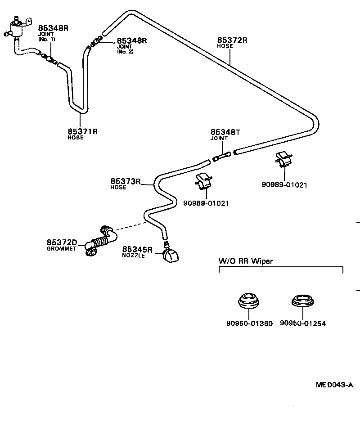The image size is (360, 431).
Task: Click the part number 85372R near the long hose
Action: click(x=232, y=40)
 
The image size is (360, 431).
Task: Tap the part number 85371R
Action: click(x=82, y=131)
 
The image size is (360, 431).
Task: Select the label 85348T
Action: click(x=226, y=132)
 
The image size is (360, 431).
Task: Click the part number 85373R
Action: click(x=126, y=182)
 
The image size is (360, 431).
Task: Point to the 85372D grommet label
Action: click(x=62, y=242)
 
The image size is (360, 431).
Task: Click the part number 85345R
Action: click(x=137, y=249)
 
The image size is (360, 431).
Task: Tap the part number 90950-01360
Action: click(x=249, y=323)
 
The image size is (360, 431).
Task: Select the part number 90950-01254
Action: click(x=302, y=323)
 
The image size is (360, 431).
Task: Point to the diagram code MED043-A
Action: click(x=334, y=385)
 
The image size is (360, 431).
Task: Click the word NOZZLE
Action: click(x=134, y=256)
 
